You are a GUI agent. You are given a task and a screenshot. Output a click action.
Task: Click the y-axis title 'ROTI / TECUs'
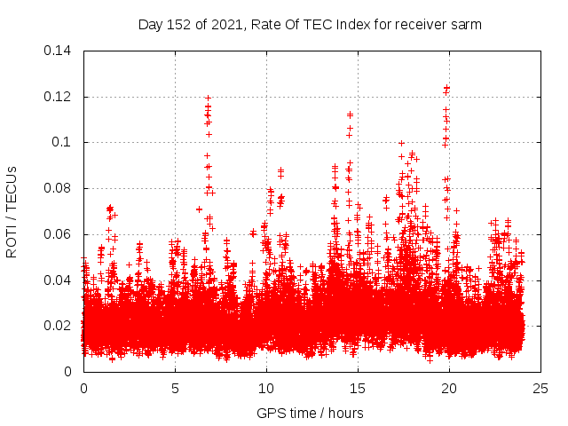pyautogui.click(x=12, y=211)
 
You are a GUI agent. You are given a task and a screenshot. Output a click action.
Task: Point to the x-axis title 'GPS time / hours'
pyautogui.click(x=310, y=413)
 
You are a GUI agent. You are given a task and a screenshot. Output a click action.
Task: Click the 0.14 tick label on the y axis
pyautogui.click(x=59, y=51)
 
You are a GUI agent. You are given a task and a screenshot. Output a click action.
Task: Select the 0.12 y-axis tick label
pyautogui.click(x=59, y=97)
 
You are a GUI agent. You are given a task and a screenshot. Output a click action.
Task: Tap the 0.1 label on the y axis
pyautogui.click(x=63, y=142)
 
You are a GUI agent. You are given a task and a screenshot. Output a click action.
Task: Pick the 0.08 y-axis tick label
pyautogui.click(x=59, y=188)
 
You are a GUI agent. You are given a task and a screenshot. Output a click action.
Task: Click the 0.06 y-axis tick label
pyautogui.click(x=59, y=234)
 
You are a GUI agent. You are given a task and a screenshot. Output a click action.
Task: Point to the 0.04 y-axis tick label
pyautogui.click(x=59, y=280)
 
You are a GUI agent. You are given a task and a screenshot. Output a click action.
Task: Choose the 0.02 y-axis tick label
pyautogui.click(x=59, y=326)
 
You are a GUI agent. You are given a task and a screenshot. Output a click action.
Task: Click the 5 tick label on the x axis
pyautogui.click(x=175, y=389)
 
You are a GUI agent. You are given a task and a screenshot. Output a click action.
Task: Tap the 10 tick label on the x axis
pyautogui.click(x=266, y=389)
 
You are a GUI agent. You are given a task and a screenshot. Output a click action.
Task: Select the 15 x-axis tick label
pyautogui.click(x=358, y=389)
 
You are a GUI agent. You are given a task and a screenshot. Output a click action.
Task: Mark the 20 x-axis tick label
pyautogui.click(x=449, y=389)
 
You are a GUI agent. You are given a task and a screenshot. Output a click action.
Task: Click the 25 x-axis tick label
pyautogui.click(x=540, y=389)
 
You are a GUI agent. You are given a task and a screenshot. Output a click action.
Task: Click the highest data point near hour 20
pyautogui.click(x=446, y=88)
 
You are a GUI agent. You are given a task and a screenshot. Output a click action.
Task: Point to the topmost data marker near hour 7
pyautogui.click(x=208, y=99)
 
